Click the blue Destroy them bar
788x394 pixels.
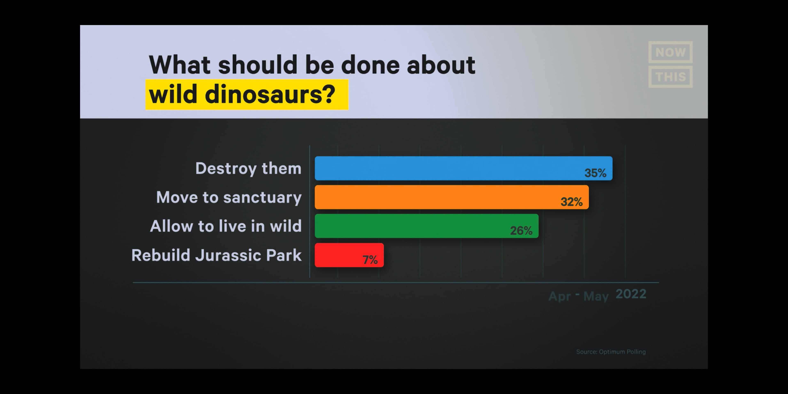point(463,168)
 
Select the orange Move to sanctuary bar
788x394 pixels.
point(451,197)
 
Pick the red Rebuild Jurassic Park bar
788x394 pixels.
point(349,255)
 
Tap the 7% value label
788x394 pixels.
point(370,260)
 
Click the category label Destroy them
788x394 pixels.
point(248,168)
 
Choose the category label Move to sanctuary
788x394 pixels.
point(229,197)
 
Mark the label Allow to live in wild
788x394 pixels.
point(226,226)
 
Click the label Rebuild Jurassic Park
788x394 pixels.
point(216,255)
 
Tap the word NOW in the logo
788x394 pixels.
point(670,52)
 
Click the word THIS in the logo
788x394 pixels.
point(670,77)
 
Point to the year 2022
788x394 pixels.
point(631,294)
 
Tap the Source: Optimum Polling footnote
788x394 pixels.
point(611,352)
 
